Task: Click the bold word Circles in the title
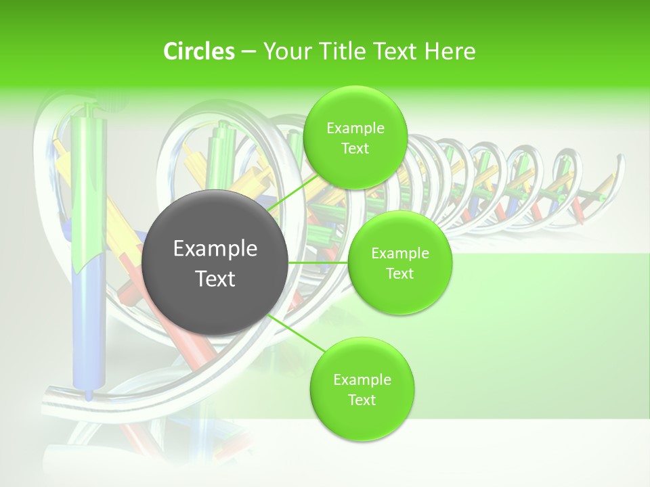(199, 51)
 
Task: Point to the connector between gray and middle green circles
(318, 262)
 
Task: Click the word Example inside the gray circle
(215, 249)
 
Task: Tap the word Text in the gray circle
(215, 279)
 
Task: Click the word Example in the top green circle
(355, 129)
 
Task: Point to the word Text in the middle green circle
(400, 274)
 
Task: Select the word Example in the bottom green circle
(362, 379)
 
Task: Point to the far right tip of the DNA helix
(619, 160)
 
